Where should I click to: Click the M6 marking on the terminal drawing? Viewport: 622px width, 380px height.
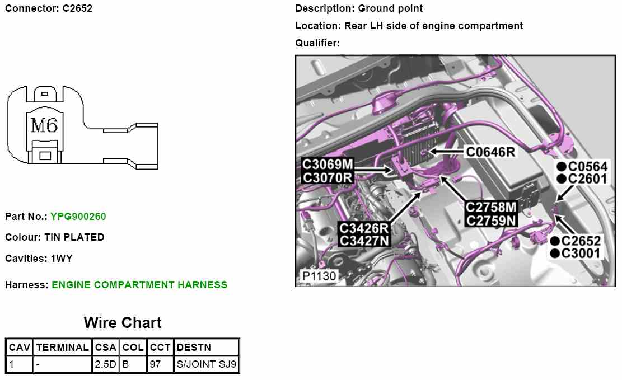tap(44, 125)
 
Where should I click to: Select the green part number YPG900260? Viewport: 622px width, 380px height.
tap(78, 217)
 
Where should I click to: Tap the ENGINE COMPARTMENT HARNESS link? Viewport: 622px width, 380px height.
tap(139, 285)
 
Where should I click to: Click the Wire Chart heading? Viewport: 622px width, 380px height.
tap(123, 323)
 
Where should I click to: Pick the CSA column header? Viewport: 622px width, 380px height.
tap(106, 348)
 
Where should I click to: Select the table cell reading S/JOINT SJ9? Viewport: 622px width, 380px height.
tap(207, 365)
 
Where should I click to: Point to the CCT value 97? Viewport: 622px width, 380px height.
tap(155, 365)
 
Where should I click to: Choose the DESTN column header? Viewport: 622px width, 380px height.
tap(194, 348)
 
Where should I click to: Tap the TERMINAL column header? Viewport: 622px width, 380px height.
tap(62, 348)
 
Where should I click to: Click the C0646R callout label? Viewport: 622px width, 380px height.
tap(490, 152)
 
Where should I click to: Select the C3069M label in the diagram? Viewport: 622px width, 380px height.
tap(328, 165)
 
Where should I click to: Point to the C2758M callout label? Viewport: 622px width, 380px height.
tap(491, 207)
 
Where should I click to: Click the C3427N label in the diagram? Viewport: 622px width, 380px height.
tap(364, 241)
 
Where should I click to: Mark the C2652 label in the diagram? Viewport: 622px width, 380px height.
tap(581, 241)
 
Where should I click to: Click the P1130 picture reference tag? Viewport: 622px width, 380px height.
tap(319, 276)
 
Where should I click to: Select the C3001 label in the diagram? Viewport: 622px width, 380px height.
tap(581, 254)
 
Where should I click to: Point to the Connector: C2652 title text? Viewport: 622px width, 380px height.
tap(49, 8)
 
